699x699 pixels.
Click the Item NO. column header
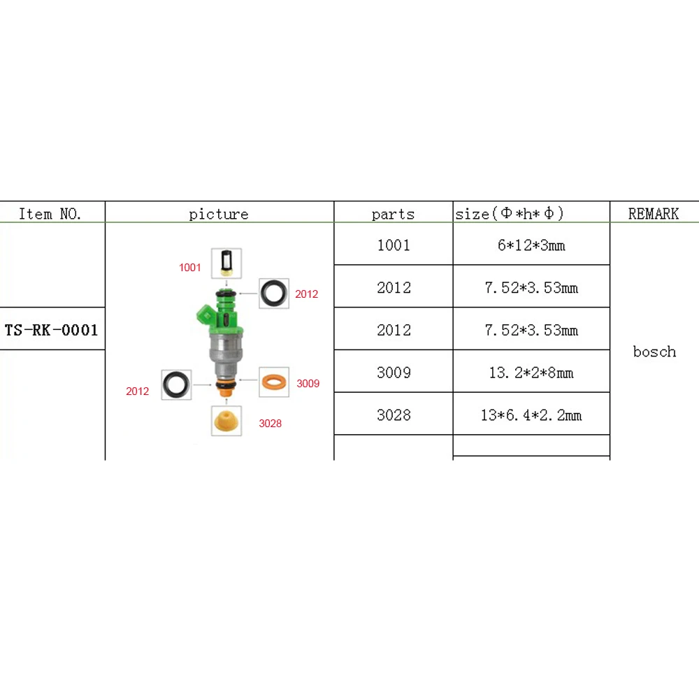pyautogui.click(x=50, y=214)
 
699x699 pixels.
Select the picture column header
pyautogui.click(x=219, y=214)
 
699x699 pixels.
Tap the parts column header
pyautogui.click(x=393, y=214)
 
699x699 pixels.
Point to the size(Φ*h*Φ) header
pyautogui.click(x=510, y=214)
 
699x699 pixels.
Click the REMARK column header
pyautogui.click(x=654, y=214)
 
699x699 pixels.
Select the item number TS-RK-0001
pyautogui.click(x=52, y=330)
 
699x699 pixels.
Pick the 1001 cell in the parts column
pyautogui.click(x=394, y=245)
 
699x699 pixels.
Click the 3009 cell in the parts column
pyautogui.click(x=394, y=373)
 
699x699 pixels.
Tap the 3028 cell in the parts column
pyautogui.click(x=394, y=415)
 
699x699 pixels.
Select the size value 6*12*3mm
pyautogui.click(x=531, y=245)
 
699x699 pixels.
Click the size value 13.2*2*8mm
pyautogui.click(x=531, y=373)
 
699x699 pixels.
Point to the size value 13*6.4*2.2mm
pyautogui.click(x=531, y=415)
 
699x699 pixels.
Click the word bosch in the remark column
pyautogui.click(x=654, y=352)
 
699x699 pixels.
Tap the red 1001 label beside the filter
pyautogui.click(x=189, y=268)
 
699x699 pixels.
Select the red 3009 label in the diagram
pyautogui.click(x=308, y=384)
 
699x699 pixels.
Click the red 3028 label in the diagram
pyautogui.click(x=270, y=423)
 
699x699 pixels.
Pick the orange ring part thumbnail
pyautogui.click(x=274, y=382)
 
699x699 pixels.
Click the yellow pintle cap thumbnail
pyautogui.click(x=226, y=421)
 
